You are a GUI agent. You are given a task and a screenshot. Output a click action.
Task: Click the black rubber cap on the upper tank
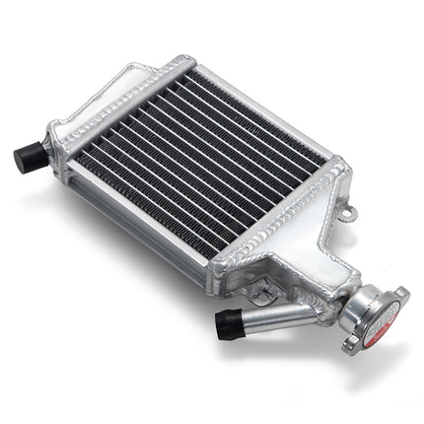[x=27, y=155]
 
